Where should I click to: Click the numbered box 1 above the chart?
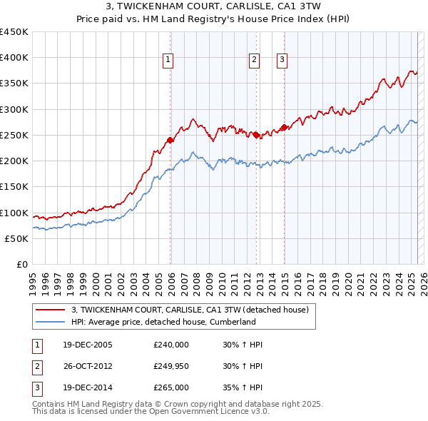[x=168, y=60]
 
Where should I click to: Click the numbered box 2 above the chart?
[x=254, y=60]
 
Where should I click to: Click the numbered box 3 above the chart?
[x=282, y=60]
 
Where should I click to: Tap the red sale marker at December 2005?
[x=170, y=140]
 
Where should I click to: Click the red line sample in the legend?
[x=50, y=310]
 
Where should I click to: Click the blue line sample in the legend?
[x=50, y=322]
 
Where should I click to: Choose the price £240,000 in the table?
[x=171, y=345]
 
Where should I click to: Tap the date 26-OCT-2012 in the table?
[x=87, y=366]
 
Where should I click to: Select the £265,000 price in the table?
[x=171, y=387]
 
